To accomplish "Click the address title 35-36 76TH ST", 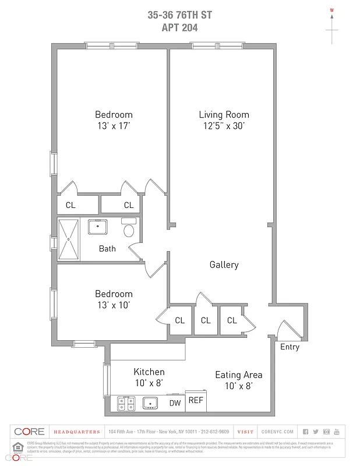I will tap(179, 15).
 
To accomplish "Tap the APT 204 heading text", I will tap(179, 27).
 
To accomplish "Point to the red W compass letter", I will tap(332, 10).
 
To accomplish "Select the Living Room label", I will tap(224, 115).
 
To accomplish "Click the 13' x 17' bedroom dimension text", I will tap(114, 125).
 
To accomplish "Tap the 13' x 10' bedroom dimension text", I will tap(114, 305).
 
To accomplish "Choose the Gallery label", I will tap(224, 265).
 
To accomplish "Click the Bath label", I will tap(107, 249).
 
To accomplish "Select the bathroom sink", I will tap(97, 227).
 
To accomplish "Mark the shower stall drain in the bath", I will tap(68, 239).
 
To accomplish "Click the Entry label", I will tap(290, 347).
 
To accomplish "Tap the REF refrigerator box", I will tap(196, 401).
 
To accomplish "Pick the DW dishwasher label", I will tap(175, 403).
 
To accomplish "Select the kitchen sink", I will tap(151, 403).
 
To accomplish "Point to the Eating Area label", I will tap(238, 375).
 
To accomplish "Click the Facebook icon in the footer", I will tap(306, 432).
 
